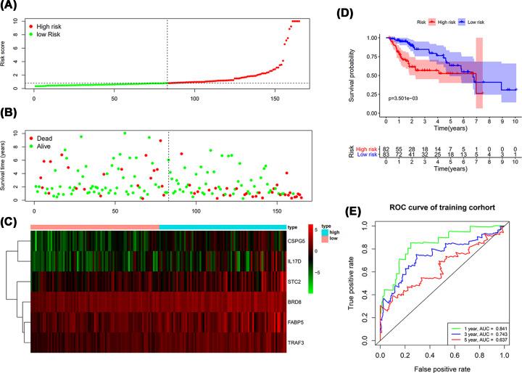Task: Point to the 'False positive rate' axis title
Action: coord(440,368)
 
